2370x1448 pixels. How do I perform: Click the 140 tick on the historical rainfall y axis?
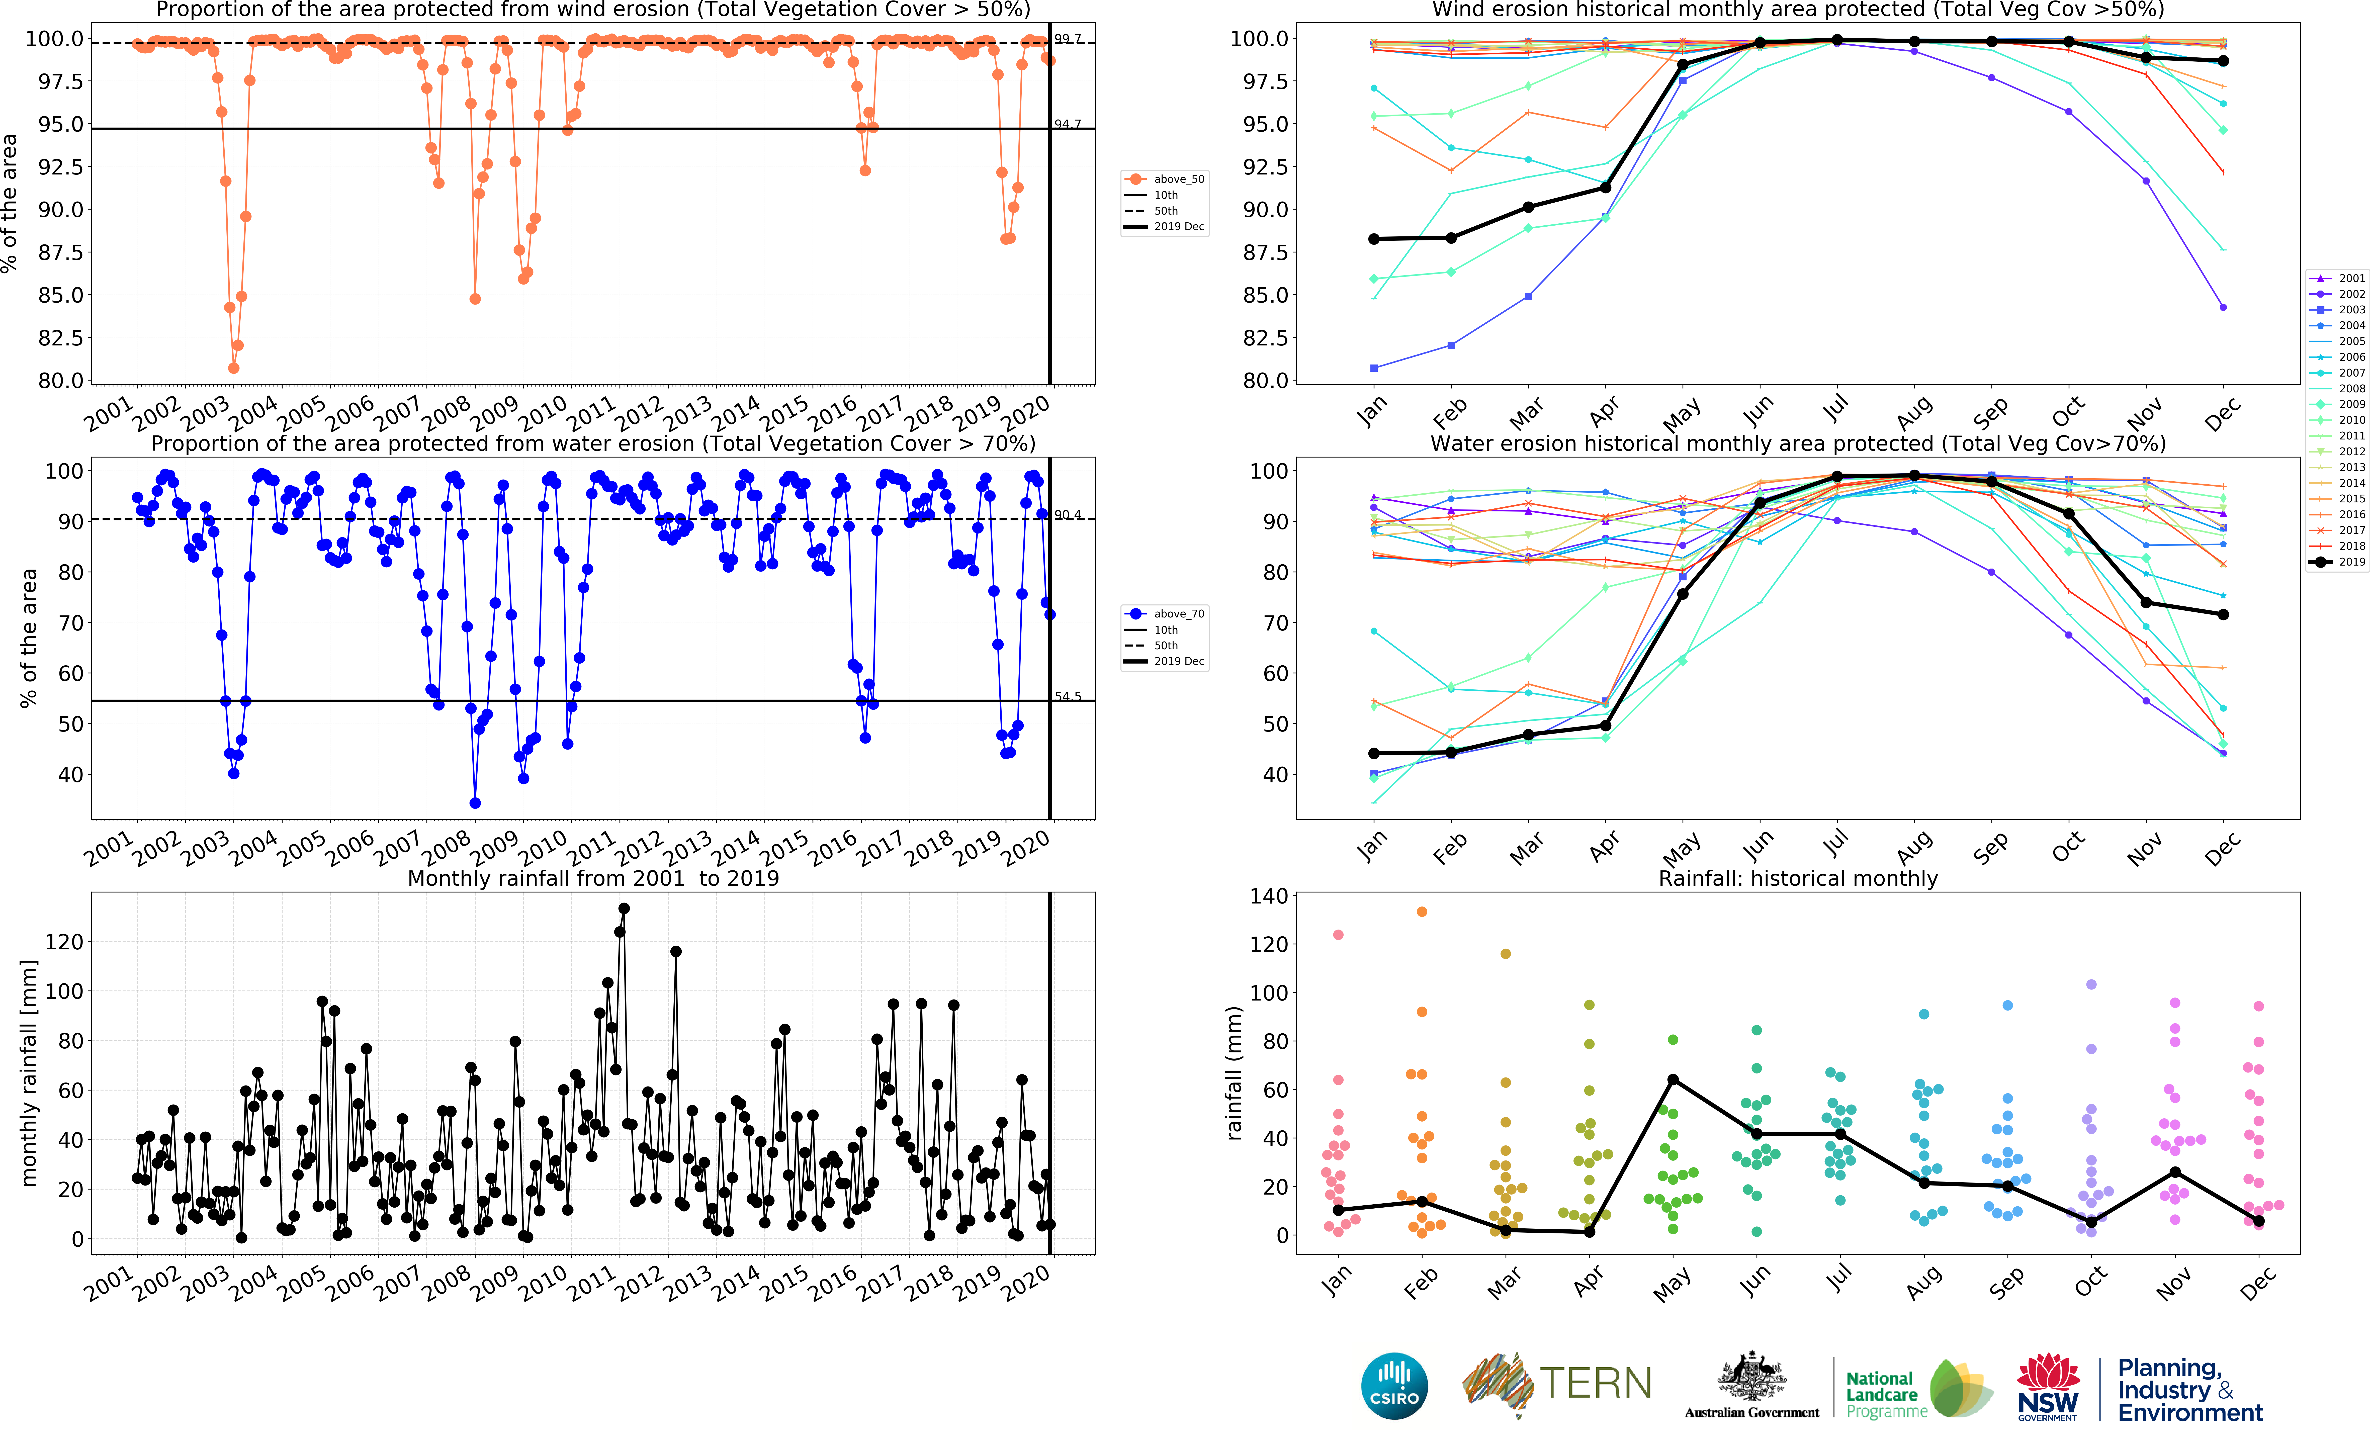(1268, 896)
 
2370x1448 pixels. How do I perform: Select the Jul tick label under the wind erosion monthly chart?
(1835, 410)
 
